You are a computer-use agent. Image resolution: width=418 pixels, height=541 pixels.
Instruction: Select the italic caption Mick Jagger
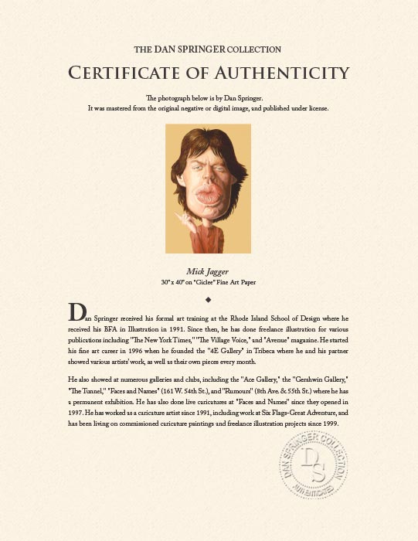click(x=208, y=271)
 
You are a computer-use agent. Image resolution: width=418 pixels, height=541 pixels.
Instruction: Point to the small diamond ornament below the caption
click(x=209, y=298)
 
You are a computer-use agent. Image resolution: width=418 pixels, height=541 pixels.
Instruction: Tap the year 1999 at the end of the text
click(x=328, y=424)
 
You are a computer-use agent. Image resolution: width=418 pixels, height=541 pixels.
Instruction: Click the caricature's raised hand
click(x=183, y=219)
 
